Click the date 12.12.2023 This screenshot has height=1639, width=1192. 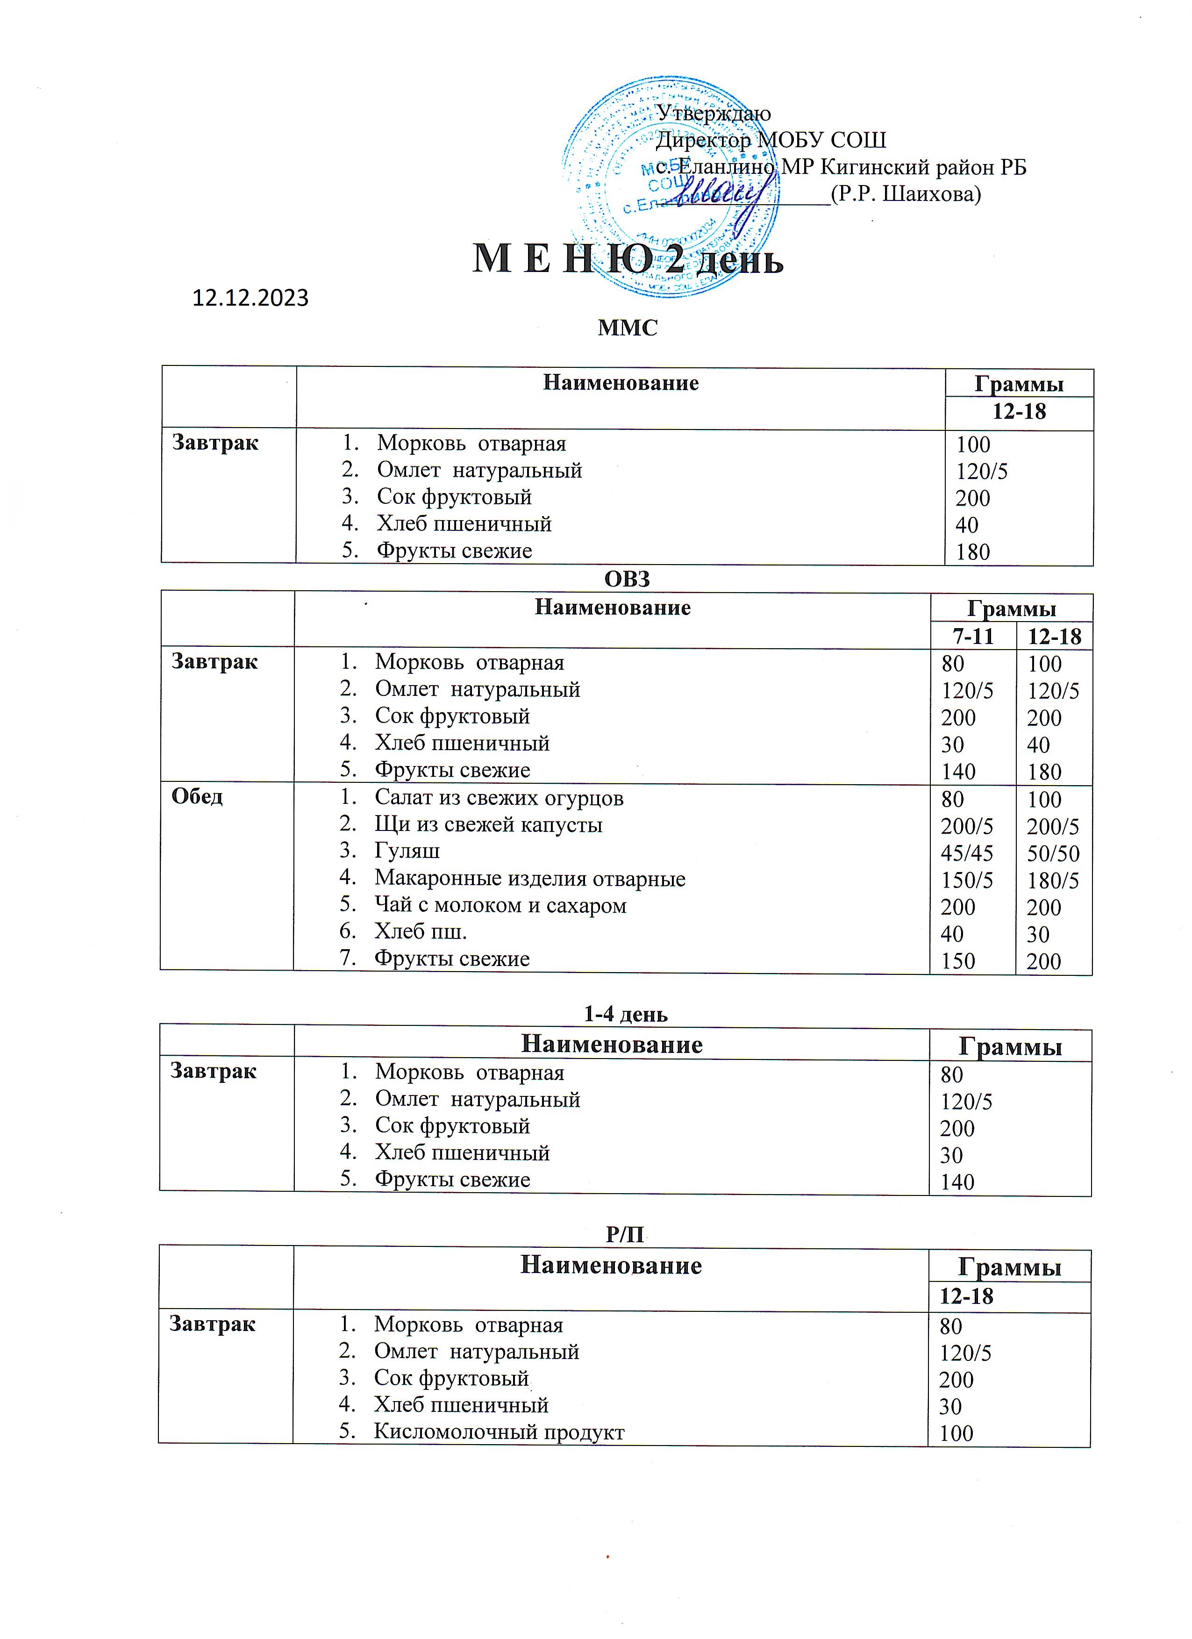pos(250,298)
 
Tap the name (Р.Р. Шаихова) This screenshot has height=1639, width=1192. pos(906,193)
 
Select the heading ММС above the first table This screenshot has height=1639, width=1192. pos(628,328)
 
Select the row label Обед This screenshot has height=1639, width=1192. pos(197,796)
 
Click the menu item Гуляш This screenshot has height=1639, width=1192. pos(407,851)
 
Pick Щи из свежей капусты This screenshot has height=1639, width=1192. pos(488,824)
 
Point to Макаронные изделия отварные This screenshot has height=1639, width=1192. pos(529,878)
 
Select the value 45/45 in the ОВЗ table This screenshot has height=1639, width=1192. pos(967,853)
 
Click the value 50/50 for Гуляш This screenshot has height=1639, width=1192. pos(1053,853)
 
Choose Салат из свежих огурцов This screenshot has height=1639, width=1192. pos(499,797)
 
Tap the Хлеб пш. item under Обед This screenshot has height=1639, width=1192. pos(421,931)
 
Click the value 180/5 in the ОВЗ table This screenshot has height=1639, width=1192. pos(1053,880)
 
